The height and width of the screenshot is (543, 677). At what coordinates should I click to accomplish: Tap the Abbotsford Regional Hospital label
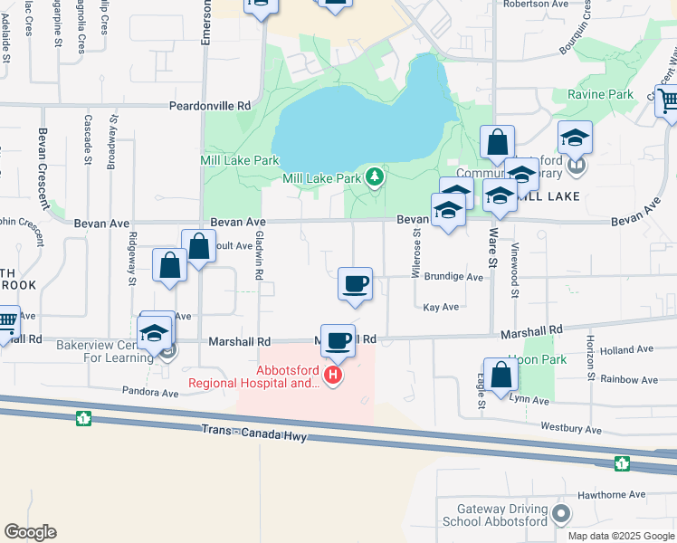tap(253, 376)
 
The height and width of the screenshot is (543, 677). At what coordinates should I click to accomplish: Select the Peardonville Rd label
tap(210, 106)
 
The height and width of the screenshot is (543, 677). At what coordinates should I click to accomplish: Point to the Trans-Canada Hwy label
tap(255, 434)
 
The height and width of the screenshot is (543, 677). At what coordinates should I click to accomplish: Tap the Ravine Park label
tap(600, 94)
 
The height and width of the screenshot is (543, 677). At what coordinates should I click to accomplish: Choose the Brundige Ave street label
tap(453, 277)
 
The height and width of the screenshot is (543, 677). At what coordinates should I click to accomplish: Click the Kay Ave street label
tap(441, 308)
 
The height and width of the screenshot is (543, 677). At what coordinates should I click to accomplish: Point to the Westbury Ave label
tap(571, 428)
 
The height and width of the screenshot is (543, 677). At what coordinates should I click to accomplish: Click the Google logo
tap(30, 532)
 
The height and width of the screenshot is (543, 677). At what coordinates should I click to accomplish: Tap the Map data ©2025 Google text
tap(620, 536)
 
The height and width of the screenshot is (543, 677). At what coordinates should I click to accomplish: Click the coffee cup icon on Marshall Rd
tap(338, 341)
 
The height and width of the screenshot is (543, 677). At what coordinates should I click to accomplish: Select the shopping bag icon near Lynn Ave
tap(501, 376)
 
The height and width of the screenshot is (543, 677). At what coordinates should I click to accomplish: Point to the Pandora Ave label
tap(151, 394)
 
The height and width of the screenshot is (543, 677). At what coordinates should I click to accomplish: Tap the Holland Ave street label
tap(619, 350)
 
